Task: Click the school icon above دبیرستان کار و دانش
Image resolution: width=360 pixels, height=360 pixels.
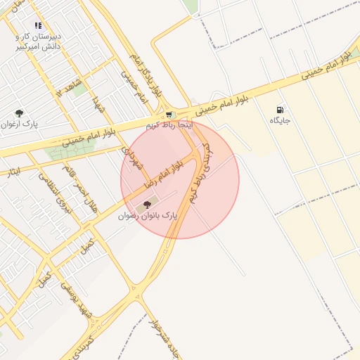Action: pyautogui.click(x=38, y=25)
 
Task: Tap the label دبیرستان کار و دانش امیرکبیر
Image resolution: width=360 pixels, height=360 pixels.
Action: pyautogui.click(x=39, y=41)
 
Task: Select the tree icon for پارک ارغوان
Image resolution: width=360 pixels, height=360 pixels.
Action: pyautogui.click(x=19, y=112)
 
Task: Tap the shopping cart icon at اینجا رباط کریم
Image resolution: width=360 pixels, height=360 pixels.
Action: pyautogui.click(x=169, y=115)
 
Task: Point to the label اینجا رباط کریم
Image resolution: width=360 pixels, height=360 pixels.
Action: pyautogui.click(x=168, y=124)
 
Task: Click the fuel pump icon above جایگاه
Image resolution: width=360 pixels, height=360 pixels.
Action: pyautogui.click(x=281, y=110)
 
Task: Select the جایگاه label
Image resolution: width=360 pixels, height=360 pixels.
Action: pyautogui.click(x=280, y=121)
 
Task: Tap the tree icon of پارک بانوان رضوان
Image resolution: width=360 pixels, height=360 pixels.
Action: pyautogui.click(x=146, y=204)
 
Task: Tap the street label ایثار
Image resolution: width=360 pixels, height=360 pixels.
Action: pyautogui.click(x=13, y=171)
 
